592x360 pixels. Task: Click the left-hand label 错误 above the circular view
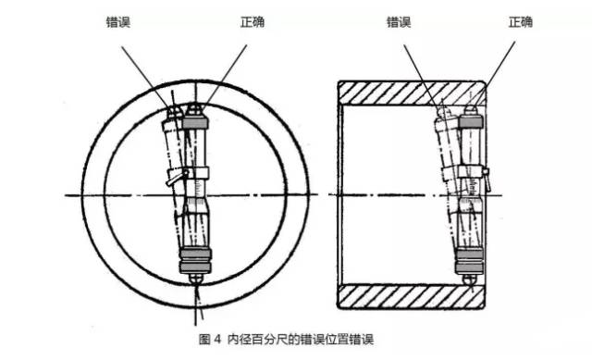point(119,20)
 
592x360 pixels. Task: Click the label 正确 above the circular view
point(251,20)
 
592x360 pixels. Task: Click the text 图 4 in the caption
point(208,340)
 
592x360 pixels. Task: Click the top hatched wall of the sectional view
point(412,91)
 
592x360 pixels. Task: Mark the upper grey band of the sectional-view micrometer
point(471,123)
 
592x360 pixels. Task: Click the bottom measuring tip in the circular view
point(196,277)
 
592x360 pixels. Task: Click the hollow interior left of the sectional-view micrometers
point(388,194)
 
